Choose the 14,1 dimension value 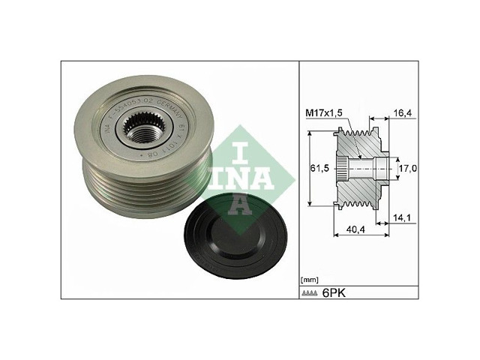(403, 218)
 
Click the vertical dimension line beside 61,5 (308, 168)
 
